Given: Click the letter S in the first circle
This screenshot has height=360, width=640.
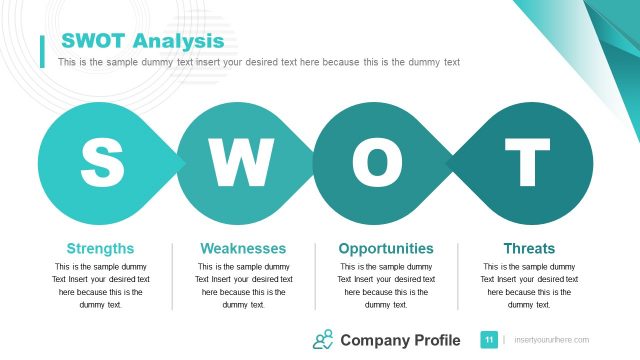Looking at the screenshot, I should (101, 160).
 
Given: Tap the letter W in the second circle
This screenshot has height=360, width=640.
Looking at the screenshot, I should (239, 160).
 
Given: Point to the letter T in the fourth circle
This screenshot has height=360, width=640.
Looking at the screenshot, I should (527, 160).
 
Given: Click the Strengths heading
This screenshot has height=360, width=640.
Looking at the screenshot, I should (100, 248).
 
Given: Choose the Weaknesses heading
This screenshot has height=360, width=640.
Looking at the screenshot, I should (243, 248).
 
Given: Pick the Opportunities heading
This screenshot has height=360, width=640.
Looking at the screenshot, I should (386, 248).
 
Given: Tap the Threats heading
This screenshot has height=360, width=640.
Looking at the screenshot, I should (529, 248).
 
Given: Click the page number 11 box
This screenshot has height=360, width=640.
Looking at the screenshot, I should (489, 340).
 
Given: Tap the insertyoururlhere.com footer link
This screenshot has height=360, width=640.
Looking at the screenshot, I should (551, 341).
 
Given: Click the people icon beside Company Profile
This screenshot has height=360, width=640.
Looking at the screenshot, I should (323, 340).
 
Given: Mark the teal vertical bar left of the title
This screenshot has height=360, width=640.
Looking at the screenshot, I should (42, 51).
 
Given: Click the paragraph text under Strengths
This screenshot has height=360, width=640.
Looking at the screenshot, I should (100, 286).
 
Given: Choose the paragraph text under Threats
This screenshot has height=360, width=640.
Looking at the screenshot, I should (529, 286).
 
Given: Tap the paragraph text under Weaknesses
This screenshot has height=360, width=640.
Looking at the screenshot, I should (243, 286).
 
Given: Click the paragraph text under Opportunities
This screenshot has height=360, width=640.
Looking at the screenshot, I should (386, 286).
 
